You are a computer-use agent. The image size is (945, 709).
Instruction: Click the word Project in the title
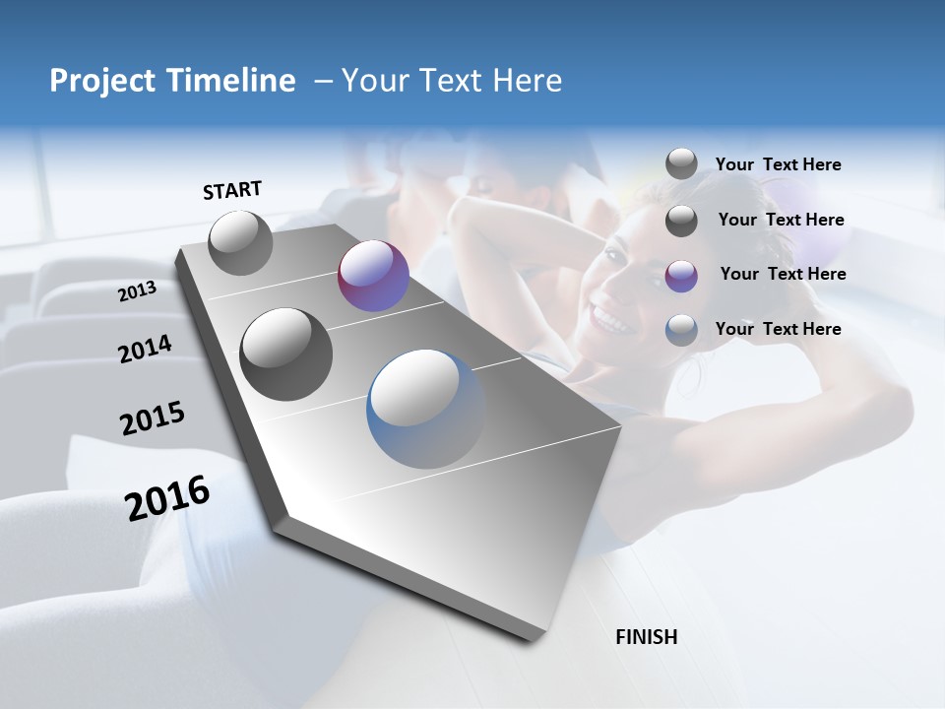pos(97,81)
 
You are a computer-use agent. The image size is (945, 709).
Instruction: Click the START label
pos(232,190)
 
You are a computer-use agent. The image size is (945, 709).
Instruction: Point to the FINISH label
pos(646,637)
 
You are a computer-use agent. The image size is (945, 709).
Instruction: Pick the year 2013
pos(137,291)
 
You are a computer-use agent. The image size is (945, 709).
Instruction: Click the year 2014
pos(145,350)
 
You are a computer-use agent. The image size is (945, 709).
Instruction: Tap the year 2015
pos(152,419)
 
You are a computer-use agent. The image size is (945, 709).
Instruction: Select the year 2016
pos(167,497)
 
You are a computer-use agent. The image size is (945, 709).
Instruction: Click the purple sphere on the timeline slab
pos(373,276)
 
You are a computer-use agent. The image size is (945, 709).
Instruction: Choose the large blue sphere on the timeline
pos(425,408)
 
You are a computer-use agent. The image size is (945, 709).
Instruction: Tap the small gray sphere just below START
pos(240,242)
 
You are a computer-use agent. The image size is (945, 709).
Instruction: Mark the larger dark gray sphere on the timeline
pos(285,354)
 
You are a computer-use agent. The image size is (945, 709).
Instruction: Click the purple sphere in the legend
pos(681,276)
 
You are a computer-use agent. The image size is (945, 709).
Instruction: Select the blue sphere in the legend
pos(681,330)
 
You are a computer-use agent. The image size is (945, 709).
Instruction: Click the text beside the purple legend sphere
pos(783,274)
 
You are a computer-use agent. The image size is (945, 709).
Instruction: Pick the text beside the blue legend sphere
pos(778,329)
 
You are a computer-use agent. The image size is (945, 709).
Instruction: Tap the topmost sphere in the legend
pos(681,163)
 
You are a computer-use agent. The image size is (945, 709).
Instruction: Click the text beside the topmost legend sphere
pos(778,164)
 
